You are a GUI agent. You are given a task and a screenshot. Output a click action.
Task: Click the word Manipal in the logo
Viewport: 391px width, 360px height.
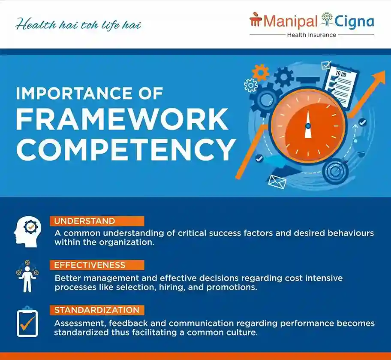291,22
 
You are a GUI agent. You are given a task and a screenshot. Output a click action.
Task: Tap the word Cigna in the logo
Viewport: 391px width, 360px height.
354,22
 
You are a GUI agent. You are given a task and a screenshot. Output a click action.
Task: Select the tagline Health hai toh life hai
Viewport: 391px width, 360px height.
78,25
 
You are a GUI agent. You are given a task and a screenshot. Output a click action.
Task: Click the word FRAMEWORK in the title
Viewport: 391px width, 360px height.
122,119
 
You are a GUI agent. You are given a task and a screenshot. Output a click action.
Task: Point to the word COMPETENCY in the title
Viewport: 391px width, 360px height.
126,149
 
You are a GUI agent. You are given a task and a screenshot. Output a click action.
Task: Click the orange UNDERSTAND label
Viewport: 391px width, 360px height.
97,221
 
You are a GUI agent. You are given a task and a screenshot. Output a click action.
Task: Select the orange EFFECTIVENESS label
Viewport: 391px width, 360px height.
97,265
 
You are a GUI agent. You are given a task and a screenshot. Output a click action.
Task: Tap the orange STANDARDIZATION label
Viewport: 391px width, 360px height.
97,310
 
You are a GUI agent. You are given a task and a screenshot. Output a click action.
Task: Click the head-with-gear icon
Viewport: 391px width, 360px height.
27,232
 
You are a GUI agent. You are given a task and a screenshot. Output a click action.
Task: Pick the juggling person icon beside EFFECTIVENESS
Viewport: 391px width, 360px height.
27,277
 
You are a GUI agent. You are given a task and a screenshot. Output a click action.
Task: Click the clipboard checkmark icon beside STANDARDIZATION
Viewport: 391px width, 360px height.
27,322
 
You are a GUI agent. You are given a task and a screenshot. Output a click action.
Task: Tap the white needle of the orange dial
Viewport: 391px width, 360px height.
308,124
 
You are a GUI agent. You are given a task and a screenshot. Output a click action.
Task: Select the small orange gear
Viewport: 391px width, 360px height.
260,73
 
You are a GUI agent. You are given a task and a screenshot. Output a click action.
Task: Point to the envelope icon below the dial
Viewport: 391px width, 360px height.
277,182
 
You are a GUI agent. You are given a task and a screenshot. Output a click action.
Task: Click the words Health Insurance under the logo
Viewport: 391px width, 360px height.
312,35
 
